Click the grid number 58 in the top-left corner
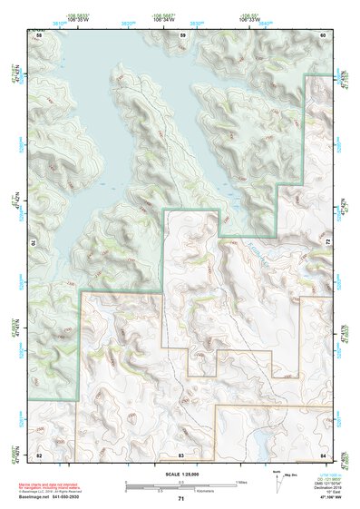point(39,34)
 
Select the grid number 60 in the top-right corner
point(323,34)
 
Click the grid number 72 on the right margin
point(326,243)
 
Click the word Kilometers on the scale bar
point(181,490)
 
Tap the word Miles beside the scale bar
point(242,482)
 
